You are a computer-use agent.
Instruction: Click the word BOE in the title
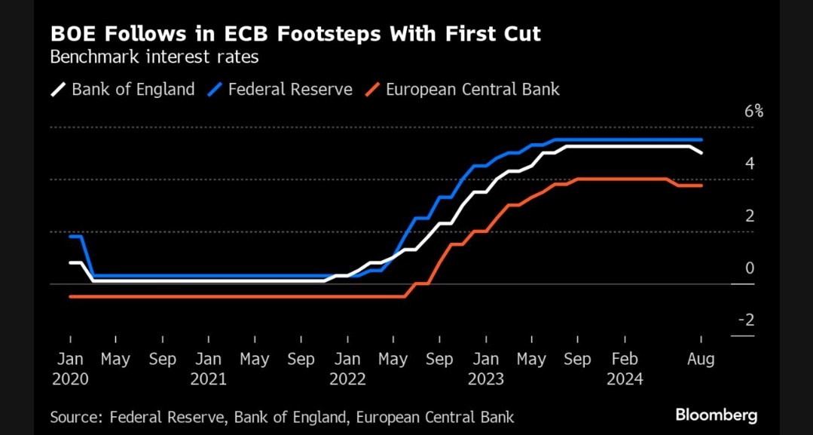click(x=71, y=35)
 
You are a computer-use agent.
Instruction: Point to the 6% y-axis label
click(x=753, y=112)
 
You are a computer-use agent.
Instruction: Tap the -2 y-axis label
click(x=746, y=320)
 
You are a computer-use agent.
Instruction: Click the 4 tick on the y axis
click(x=750, y=164)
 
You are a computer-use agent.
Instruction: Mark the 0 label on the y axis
click(x=750, y=268)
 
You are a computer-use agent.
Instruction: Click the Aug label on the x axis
click(x=701, y=359)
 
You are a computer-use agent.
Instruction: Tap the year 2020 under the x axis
click(x=70, y=379)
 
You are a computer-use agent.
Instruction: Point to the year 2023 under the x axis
click(x=486, y=379)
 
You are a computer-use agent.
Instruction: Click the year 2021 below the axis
click(x=208, y=379)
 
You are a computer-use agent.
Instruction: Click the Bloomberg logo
click(x=716, y=415)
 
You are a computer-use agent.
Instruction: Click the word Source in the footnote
click(x=76, y=416)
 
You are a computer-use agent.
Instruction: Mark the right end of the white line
click(x=702, y=153)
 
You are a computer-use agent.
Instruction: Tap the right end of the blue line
click(x=702, y=140)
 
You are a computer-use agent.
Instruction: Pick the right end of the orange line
click(x=702, y=185)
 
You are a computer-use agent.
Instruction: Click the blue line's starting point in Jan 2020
click(x=70, y=237)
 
